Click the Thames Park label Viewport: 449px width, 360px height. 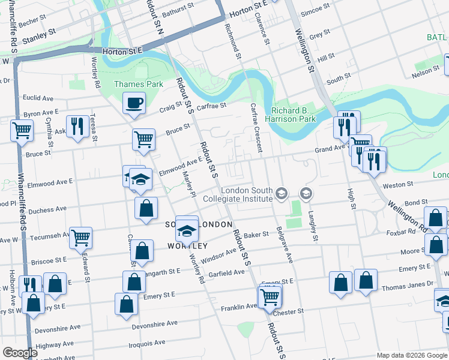pos(139,85)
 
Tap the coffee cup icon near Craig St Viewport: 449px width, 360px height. pos(134,103)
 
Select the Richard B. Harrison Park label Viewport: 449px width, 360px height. pos(293,115)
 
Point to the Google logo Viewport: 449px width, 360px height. pos(20,353)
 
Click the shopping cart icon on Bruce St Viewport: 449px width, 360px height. pos(144,139)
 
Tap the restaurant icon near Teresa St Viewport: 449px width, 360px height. pos(77,126)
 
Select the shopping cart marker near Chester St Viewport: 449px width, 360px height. pos(270,296)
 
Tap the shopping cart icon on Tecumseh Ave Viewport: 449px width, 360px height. pos(80,237)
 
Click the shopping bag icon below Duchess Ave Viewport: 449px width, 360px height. pos(146,209)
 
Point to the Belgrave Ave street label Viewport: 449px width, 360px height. pos(285,246)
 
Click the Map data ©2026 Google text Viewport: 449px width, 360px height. pos(411,355)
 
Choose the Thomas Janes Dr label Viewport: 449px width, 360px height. pos(410,284)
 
